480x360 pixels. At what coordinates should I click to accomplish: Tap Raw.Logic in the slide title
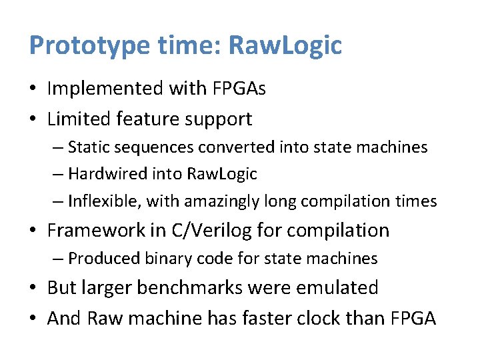coord(285,45)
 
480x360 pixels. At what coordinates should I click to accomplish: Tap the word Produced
coord(99,258)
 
